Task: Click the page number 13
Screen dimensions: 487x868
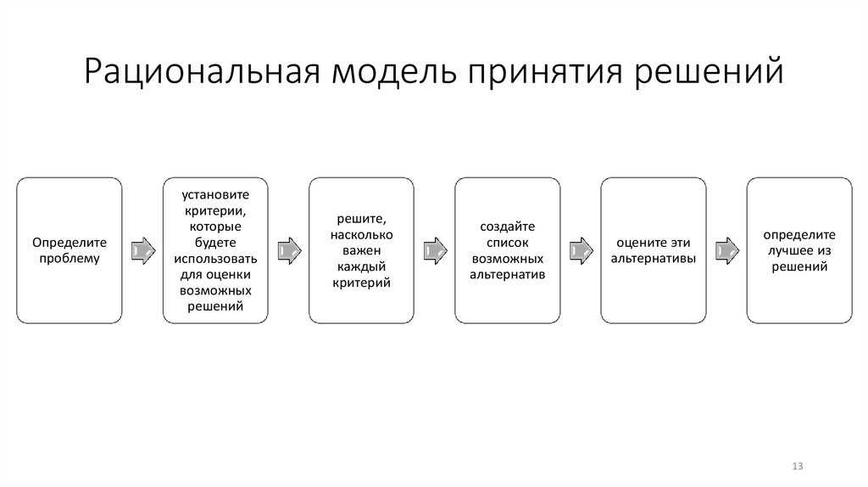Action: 797,467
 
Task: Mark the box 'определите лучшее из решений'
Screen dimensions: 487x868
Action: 798,250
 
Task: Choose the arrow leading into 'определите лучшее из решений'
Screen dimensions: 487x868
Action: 725,250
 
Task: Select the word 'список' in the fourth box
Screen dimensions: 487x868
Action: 506,243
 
